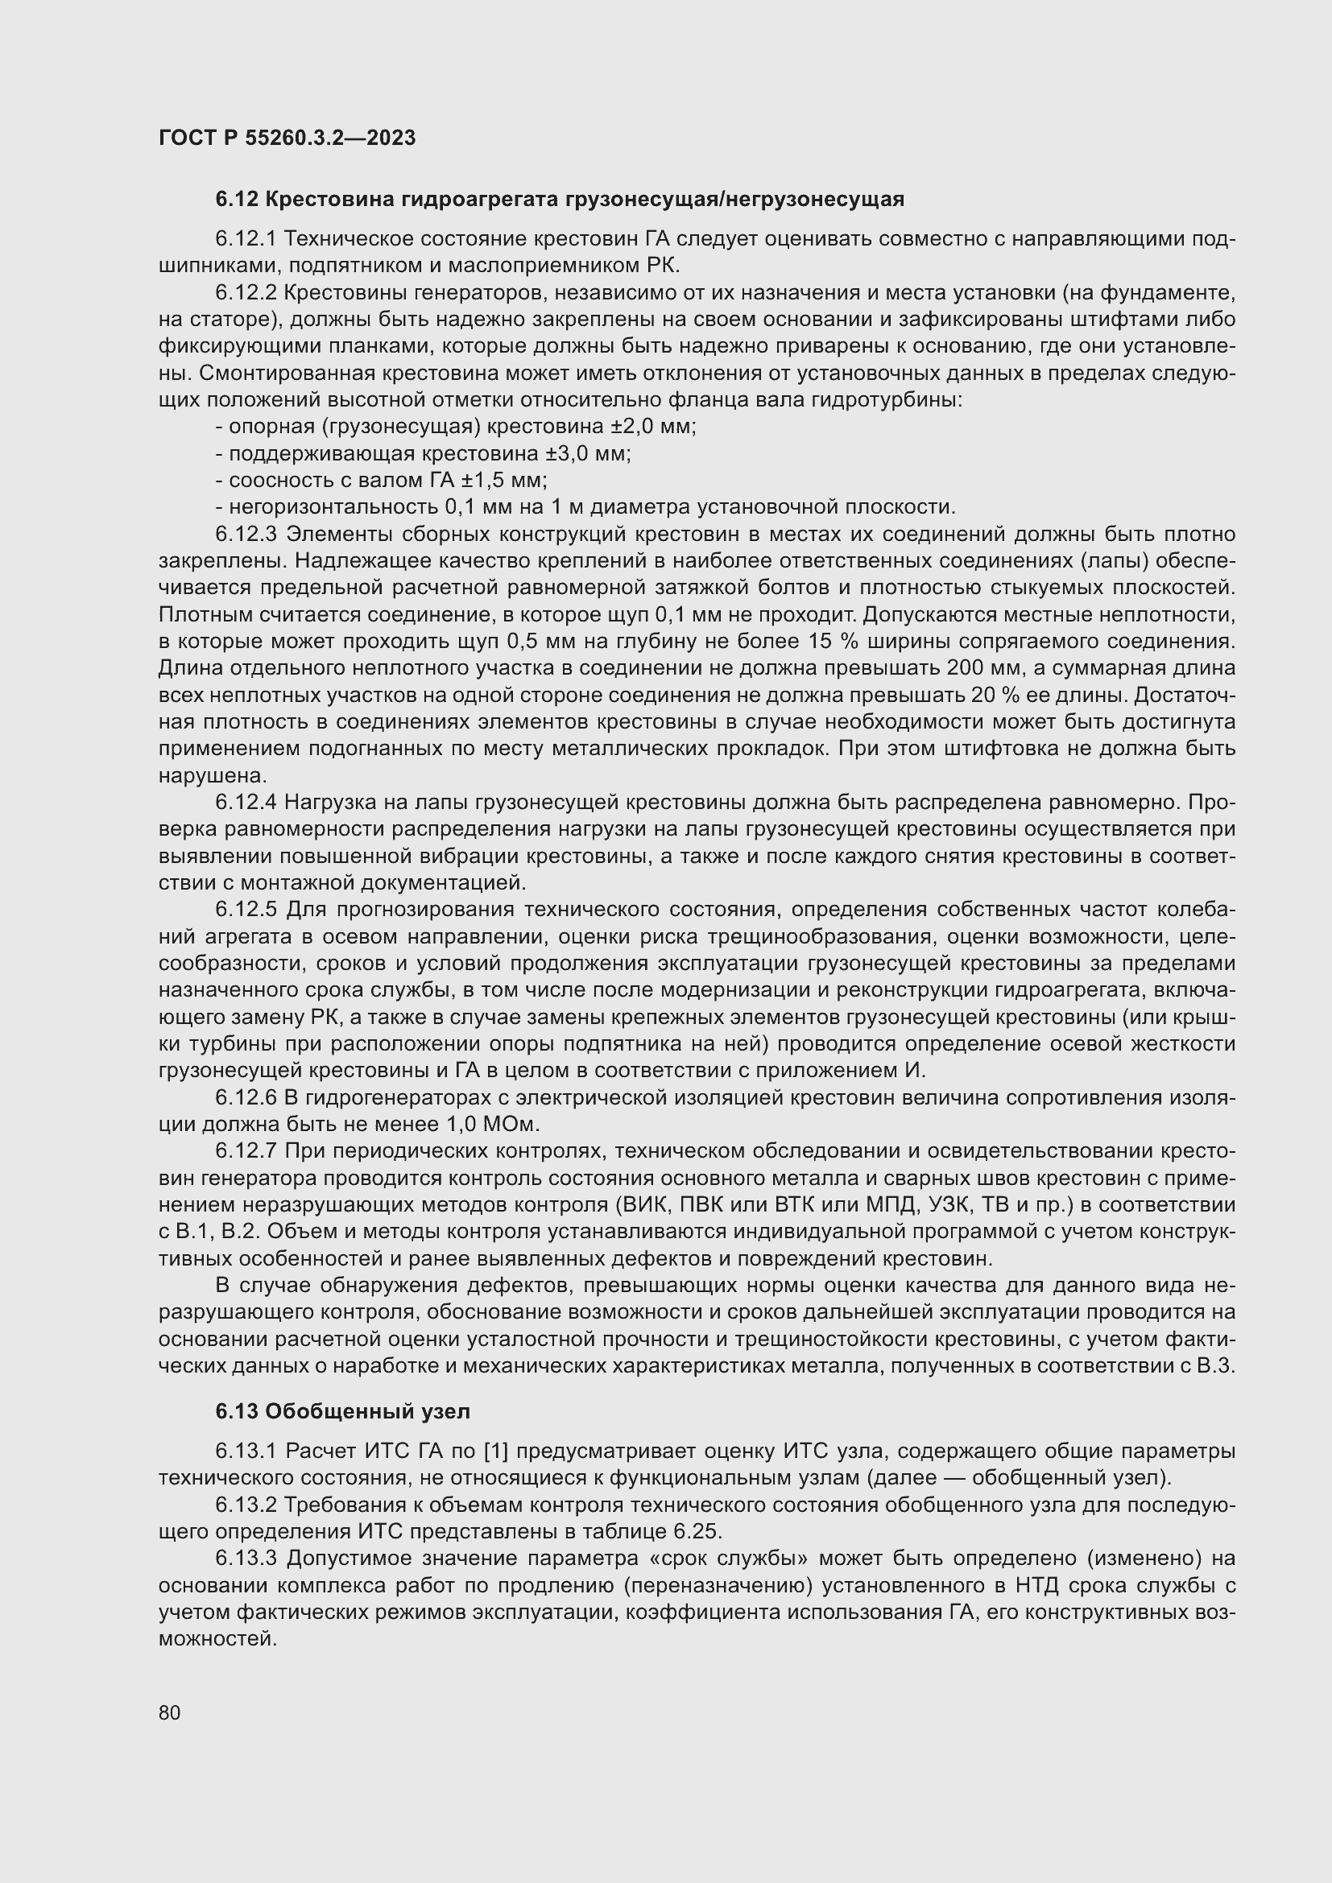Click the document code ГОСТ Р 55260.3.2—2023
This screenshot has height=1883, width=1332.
[x=287, y=138]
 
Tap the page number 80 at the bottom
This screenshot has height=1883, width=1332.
[x=170, y=1712]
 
